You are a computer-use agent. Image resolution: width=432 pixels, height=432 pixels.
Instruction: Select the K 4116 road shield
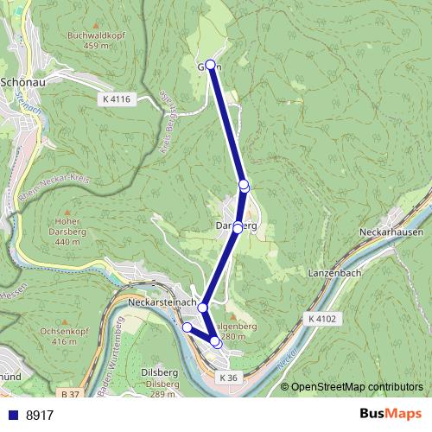[x=115, y=100]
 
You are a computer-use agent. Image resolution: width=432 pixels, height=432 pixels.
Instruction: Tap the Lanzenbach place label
[x=334, y=272]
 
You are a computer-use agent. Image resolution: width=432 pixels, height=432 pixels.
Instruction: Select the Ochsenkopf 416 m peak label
[x=58, y=336]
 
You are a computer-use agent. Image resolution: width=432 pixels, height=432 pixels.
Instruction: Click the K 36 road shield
[x=227, y=378]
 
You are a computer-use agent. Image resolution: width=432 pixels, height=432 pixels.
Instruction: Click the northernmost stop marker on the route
[x=210, y=65]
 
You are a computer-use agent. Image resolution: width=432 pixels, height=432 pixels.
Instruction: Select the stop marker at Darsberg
[x=238, y=228]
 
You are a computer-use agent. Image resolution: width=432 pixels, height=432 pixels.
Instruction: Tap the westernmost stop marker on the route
[x=187, y=327]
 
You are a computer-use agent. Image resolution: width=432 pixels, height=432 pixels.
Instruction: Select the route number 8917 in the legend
[x=40, y=415]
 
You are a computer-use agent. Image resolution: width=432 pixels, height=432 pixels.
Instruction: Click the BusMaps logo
[x=385, y=415]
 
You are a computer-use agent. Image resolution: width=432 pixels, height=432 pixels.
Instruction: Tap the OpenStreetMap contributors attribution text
[x=357, y=387]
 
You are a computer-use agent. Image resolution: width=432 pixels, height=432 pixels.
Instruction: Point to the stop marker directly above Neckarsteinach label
[x=203, y=308]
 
